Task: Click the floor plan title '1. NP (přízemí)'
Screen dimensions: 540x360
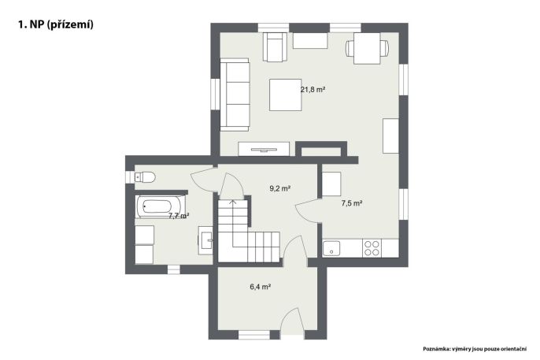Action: click(55, 24)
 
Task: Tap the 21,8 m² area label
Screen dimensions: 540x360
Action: click(313, 90)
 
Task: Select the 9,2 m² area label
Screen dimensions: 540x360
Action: click(280, 188)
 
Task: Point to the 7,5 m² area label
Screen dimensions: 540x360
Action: click(352, 203)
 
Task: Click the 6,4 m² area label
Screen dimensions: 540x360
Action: click(260, 287)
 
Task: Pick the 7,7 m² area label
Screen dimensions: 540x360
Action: click(179, 216)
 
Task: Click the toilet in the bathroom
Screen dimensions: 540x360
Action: click(144, 177)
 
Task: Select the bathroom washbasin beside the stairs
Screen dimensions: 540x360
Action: click(205, 240)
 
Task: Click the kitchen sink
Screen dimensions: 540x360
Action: click(331, 248)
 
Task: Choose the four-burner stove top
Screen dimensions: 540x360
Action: click(372, 248)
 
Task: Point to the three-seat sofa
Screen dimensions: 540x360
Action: click(235, 95)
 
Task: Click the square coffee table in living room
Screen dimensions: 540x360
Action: click(286, 95)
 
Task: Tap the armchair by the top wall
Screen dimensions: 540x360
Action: click(275, 46)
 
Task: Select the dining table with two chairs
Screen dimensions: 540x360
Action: click(367, 48)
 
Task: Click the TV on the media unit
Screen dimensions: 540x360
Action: click(264, 150)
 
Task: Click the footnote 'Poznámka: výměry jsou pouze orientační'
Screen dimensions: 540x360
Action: click(475, 349)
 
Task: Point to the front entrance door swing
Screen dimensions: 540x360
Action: click(292, 321)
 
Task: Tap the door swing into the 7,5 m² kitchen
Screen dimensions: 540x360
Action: click(306, 210)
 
